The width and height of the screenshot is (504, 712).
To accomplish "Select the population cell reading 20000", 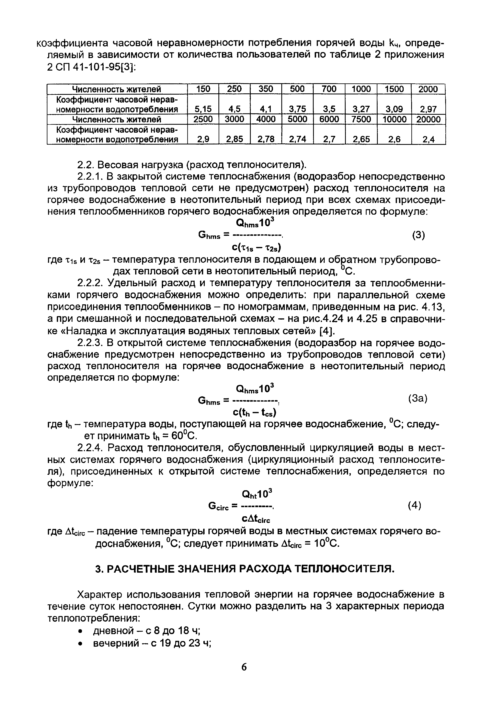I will point(428,119).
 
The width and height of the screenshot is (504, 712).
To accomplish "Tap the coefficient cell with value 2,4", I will point(428,140).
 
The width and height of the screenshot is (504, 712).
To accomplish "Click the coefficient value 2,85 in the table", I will point(234,140).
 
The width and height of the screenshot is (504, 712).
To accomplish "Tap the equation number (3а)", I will point(418,399).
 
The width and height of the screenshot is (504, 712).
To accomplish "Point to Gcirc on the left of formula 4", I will point(219,507).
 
